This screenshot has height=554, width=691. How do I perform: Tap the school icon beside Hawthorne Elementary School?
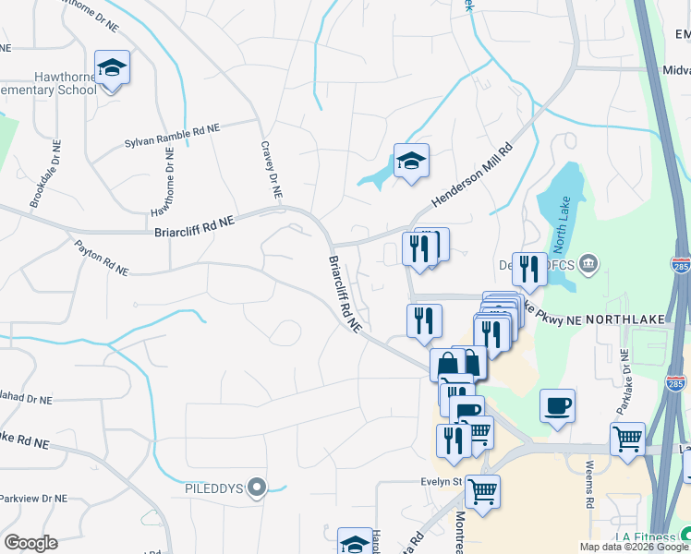click(x=112, y=68)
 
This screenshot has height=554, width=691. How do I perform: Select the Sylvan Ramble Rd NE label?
click(x=173, y=137)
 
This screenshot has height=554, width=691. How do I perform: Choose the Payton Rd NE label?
click(x=101, y=257)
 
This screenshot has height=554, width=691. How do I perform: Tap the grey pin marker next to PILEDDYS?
click(x=259, y=487)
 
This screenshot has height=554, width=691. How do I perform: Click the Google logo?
click(x=30, y=543)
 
